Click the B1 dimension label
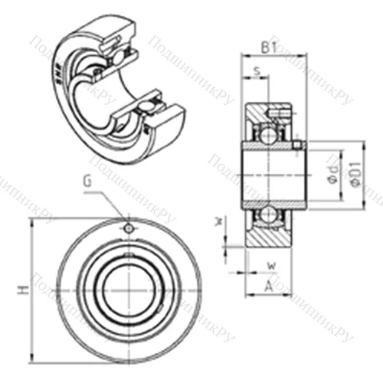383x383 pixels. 268,47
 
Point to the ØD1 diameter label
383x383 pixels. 355,175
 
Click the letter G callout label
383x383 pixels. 90,182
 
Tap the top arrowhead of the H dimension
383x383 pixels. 31,222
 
